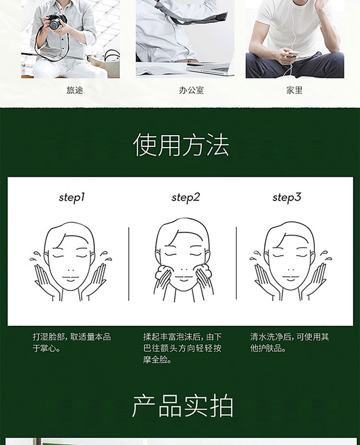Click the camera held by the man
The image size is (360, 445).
(x=56, y=21)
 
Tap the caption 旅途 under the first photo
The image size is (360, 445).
(x=75, y=90)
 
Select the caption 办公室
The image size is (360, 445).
(x=191, y=90)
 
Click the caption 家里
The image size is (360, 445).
(x=294, y=90)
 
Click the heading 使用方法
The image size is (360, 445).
(x=181, y=145)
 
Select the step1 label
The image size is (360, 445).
(x=72, y=198)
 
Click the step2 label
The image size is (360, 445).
(x=186, y=198)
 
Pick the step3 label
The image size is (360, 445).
(x=287, y=198)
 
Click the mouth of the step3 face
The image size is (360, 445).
(x=290, y=279)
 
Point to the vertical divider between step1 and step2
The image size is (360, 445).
(x=129, y=264)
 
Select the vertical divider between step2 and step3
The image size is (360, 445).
(x=237, y=263)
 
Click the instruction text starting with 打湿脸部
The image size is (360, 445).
(x=72, y=342)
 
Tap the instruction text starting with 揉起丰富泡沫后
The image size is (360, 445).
(x=182, y=348)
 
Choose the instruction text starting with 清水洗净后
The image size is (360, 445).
(x=289, y=342)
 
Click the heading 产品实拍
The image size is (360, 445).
(x=182, y=406)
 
